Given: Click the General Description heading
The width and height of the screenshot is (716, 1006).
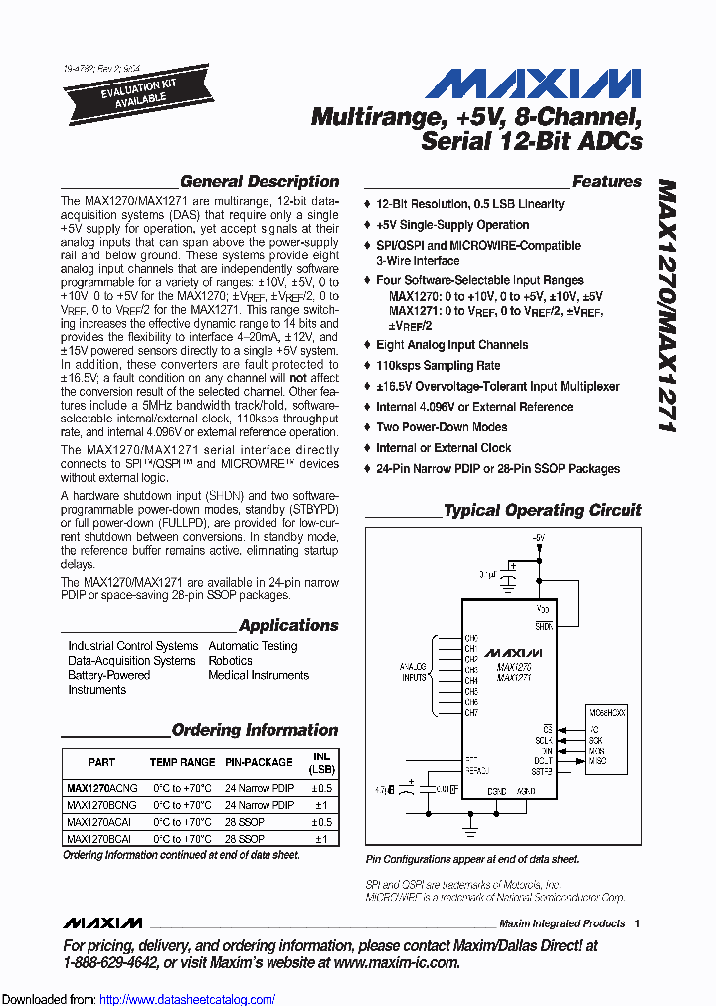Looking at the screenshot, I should point(259,182).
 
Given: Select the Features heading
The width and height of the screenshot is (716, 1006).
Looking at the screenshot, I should point(607,182).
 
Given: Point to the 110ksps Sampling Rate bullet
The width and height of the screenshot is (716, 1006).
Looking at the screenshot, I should point(438,366).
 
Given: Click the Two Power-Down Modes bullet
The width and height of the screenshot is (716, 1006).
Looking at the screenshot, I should point(442,427).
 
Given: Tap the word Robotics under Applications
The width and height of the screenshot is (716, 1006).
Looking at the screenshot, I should point(230,660).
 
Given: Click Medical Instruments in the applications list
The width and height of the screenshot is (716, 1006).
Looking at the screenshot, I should point(259,675).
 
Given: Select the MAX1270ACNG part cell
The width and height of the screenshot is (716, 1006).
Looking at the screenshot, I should point(101,787).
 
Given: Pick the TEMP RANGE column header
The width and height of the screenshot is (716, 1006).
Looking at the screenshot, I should point(182,762).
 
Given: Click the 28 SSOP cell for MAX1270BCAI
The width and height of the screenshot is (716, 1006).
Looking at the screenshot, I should point(244,838).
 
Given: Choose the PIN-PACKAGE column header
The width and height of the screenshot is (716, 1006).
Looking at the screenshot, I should point(259,762).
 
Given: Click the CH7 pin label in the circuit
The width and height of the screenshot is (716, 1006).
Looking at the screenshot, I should point(471,713).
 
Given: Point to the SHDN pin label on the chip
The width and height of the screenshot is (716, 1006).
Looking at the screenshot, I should point(544,626).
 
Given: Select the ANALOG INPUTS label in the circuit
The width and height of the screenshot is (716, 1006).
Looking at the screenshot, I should point(413,672).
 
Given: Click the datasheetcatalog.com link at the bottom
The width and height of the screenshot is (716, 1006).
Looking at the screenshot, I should point(188,999).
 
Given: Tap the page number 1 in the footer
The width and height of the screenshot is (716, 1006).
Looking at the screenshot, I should point(637,923).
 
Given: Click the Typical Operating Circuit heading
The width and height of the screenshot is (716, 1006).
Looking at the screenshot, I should point(542,511).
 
